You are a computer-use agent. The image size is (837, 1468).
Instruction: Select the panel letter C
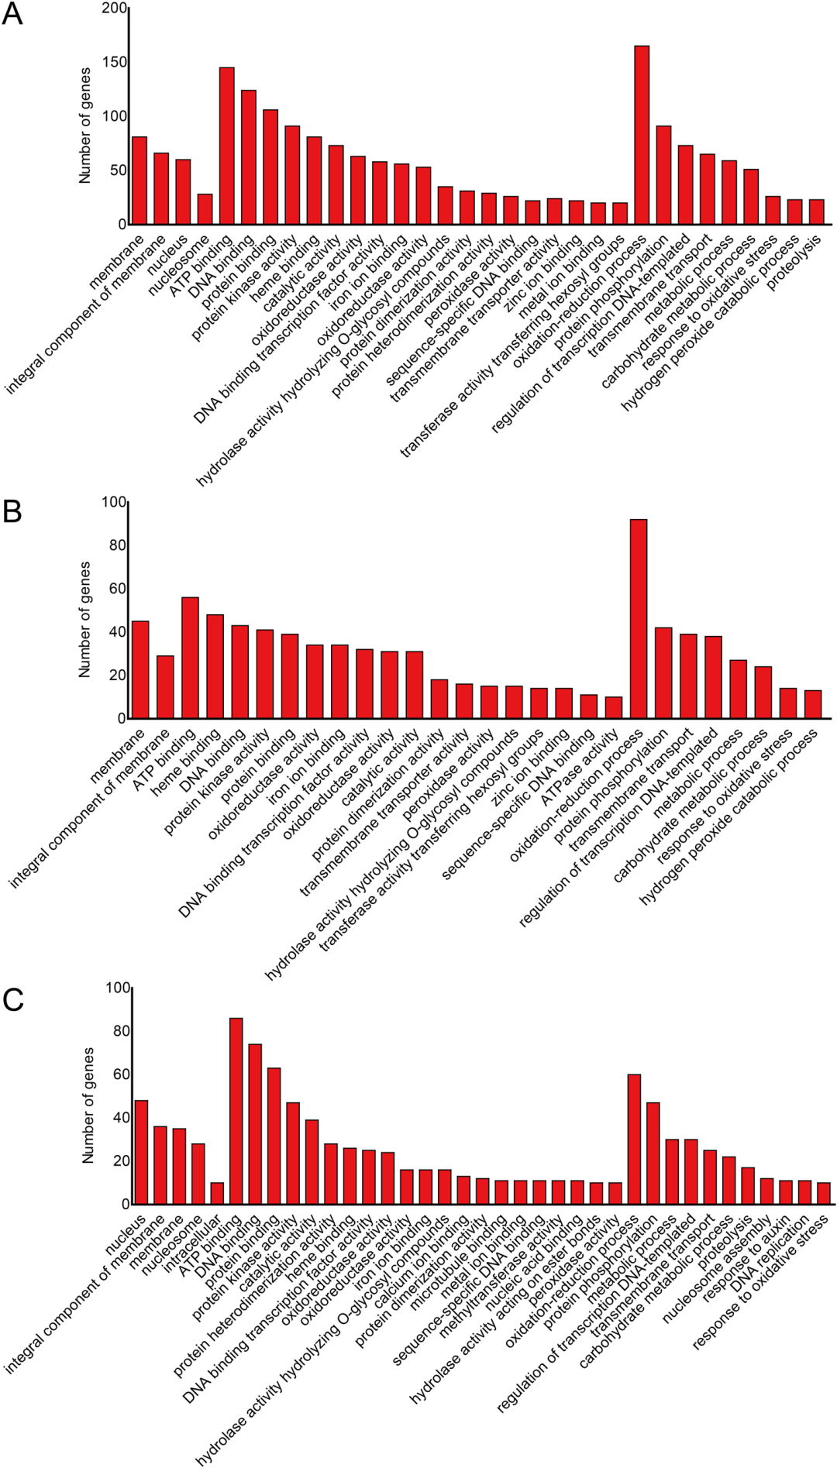pos(13,1000)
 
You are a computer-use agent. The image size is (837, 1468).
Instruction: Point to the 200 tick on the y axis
pos(114,9)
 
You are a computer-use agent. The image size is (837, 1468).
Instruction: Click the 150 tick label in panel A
pos(114,63)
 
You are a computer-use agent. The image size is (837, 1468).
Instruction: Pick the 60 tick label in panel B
pos(115,589)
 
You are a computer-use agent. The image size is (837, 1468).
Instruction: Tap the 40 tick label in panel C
pos(119,1118)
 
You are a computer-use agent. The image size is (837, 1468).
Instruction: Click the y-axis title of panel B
pos(84,620)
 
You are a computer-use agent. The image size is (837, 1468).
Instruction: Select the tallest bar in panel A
pos(642,136)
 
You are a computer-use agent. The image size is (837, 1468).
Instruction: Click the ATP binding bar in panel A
pos(226,146)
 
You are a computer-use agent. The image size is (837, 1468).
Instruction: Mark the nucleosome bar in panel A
pos(205,209)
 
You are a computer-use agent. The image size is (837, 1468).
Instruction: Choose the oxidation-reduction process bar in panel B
pos(639,619)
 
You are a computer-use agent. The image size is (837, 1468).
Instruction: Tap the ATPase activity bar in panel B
pos(614,708)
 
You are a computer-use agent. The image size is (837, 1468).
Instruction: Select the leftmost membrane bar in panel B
pos(141,670)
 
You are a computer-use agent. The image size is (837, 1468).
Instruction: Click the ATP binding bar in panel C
pos(236,1111)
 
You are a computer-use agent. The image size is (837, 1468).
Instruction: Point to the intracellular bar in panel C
pos(217,1194)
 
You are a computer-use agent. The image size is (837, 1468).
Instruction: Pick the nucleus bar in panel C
pos(141,1152)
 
